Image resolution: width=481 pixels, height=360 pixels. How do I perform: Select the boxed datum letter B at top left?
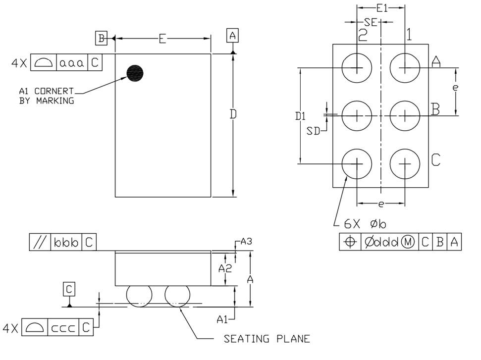pyautogui.click(x=101, y=38)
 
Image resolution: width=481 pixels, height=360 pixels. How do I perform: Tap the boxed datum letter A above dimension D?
pyautogui.click(x=232, y=35)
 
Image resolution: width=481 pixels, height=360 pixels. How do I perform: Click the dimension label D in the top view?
pyautogui.click(x=233, y=114)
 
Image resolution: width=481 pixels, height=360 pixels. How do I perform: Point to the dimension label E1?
pyautogui.click(x=381, y=8)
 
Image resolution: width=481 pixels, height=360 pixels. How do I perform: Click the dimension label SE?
pyautogui.click(x=370, y=22)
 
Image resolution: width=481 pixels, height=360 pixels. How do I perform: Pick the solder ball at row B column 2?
pyautogui.click(x=357, y=115)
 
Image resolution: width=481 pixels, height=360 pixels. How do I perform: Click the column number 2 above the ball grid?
pyautogui.click(x=363, y=35)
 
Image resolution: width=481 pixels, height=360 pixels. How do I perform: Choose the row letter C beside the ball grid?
pyautogui.click(x=435, y=159)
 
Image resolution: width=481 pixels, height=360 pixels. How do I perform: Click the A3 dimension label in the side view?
pyautogui.click(x=247, y=242)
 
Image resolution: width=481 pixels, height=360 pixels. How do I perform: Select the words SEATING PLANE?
pyautogui.click(x=267, y=339)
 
